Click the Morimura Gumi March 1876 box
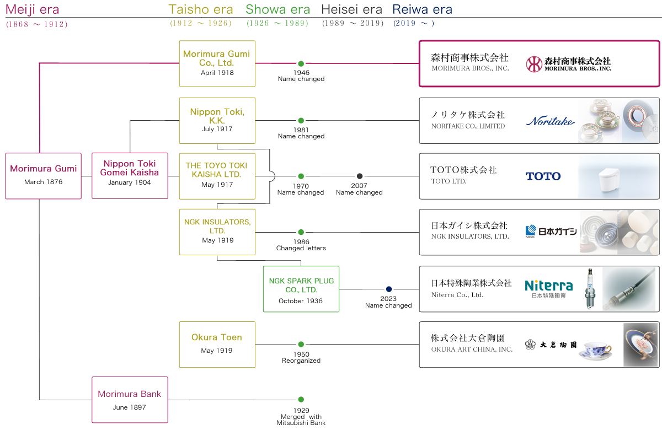pyautogui.click(x=43, y=175)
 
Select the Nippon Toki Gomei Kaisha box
pyautogui.click(x=130, y=175)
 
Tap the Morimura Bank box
pyautogui.click(x=130, y=400)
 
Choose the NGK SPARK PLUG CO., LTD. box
pyautogui.click(x=301, y=289)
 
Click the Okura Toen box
pyautogui.click(x=217, y=344)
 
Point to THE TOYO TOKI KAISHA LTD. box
pyautogui.click(x=217, y=175)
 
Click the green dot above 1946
pyautogui.click(x=301, y=64)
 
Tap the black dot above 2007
pyautogui.click(x=360, y=176)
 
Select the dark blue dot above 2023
pyautogui.click(x=388, y=289)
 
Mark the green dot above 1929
pyautogui.click(x=301, y=400)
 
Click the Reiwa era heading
pyautogui.click(x=422, y=9)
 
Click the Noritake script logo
pyautogui.click(x=550, y=121)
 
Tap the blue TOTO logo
pyautogui.click(x=543, y=176)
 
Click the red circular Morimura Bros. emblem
pyautogui.click(x=533, y=64)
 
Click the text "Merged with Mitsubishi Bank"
pyautogui.click(x=301, y=420)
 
